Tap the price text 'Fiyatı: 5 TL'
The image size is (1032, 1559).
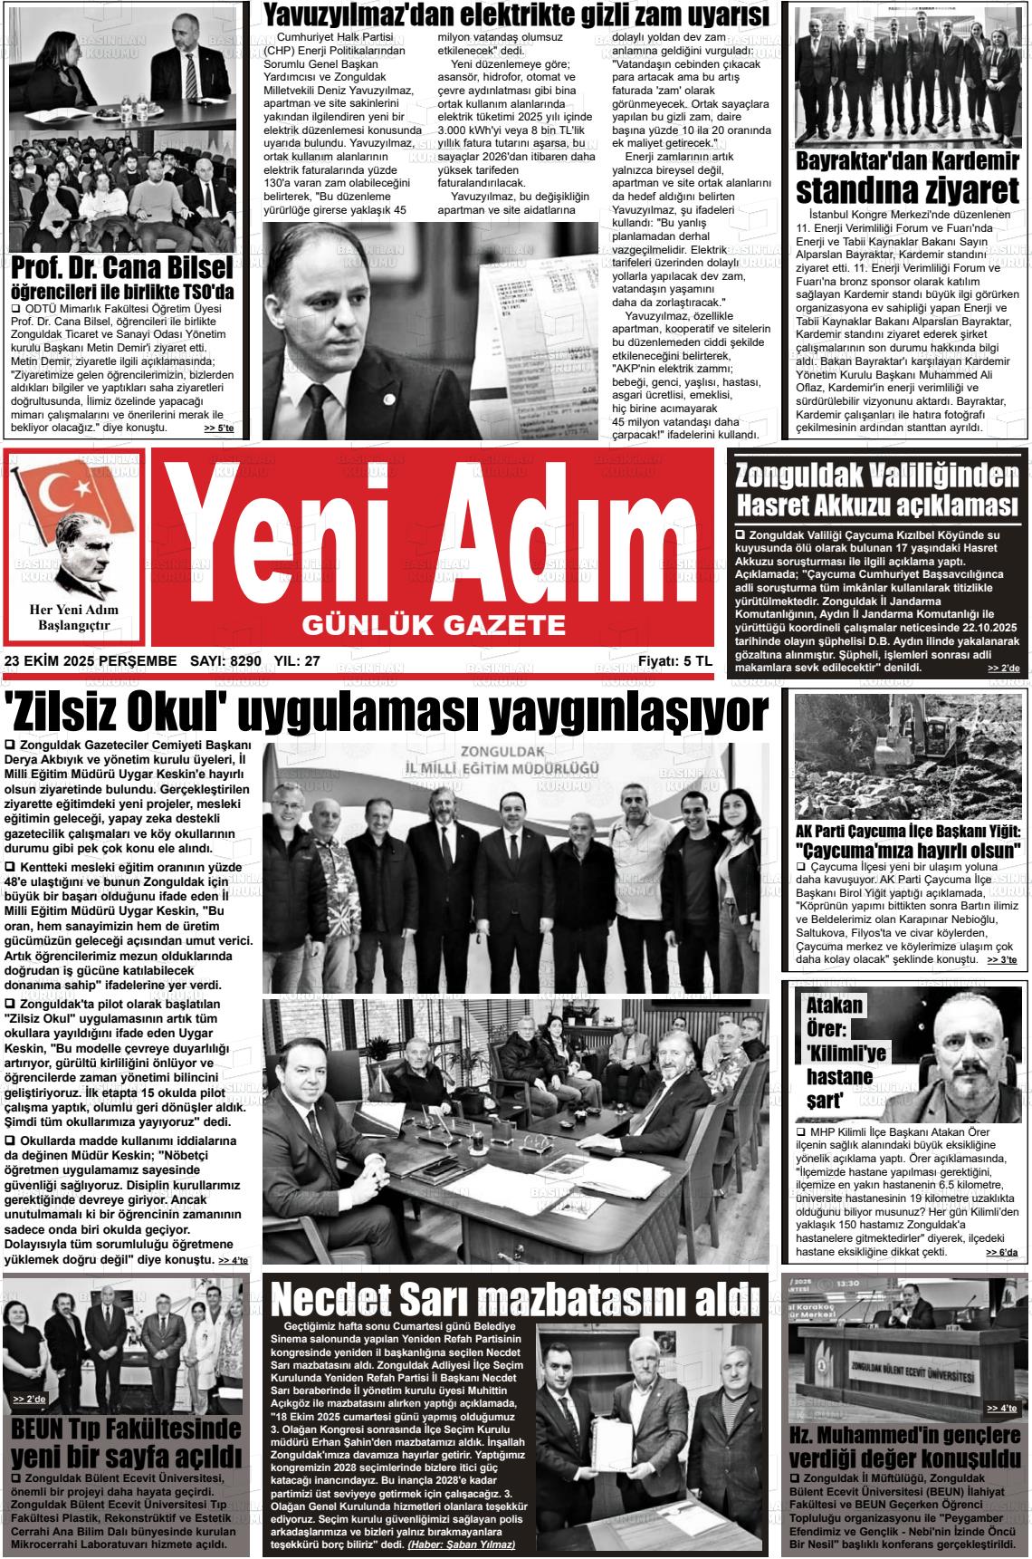click(674, 662)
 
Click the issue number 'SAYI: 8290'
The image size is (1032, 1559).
click(226, 662)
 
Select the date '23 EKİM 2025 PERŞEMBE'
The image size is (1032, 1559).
click(91, 662)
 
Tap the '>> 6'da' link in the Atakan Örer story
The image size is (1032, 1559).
click(1002, 1253)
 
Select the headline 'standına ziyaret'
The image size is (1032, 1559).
click(908, 193)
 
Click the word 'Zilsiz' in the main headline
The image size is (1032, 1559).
click(63, 715)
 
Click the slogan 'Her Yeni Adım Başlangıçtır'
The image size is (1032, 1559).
click(74, 618)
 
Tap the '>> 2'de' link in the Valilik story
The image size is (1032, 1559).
click(1003, 669)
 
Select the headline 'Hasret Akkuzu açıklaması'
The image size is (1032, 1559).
click(878, 504)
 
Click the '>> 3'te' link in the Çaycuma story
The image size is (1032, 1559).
click(1002, 959)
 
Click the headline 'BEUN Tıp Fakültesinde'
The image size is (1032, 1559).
click(125, 1429)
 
